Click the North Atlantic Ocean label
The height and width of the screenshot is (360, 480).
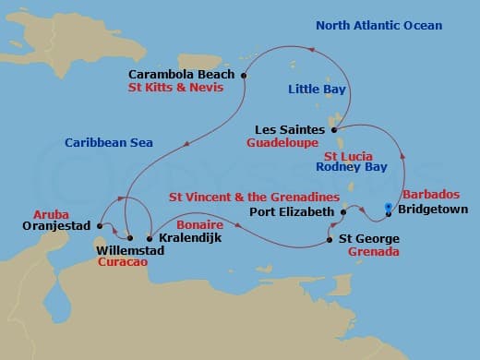pos(378,26)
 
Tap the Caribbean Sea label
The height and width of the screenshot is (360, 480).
pos(108,142)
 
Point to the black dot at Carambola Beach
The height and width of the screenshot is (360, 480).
pos(244,76)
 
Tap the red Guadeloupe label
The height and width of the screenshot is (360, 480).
pos(282,144)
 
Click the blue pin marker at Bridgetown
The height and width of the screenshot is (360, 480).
pos(388,207)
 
